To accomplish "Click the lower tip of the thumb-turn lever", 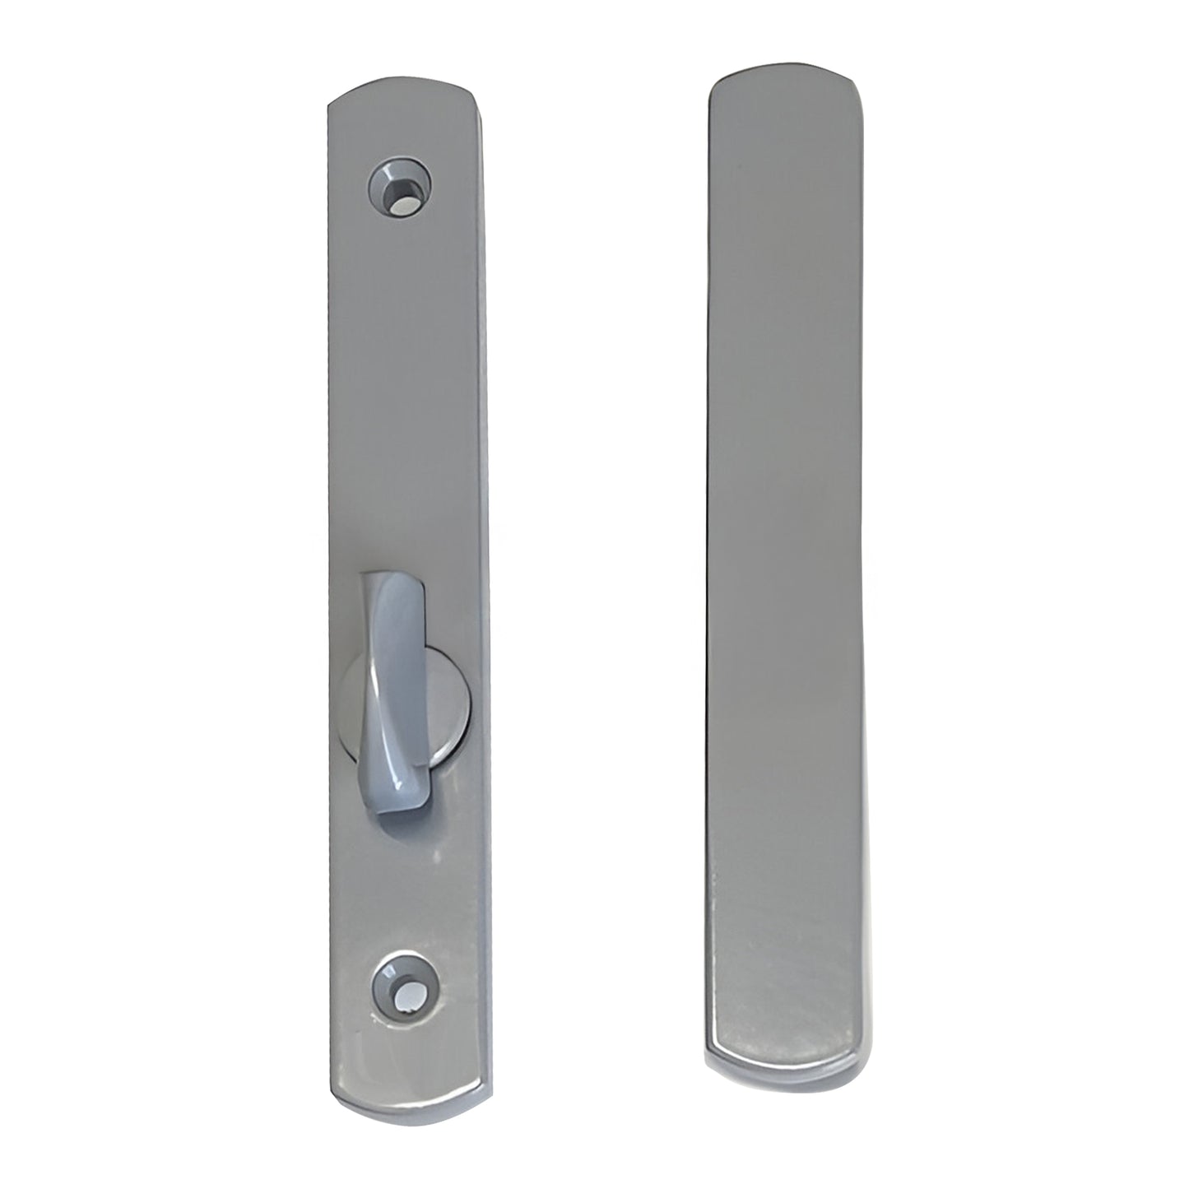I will click(388, 810).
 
